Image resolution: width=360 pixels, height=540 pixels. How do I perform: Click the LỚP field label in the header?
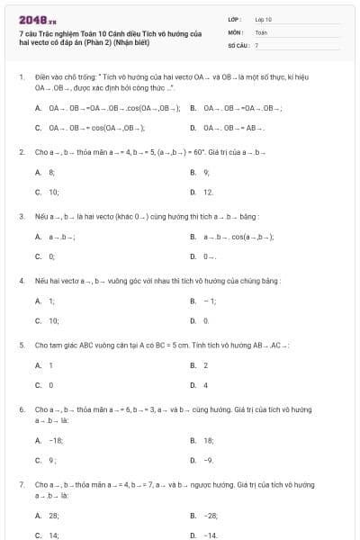(x=235, y=18)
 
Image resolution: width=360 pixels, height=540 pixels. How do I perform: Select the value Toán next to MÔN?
(x=261, y=31)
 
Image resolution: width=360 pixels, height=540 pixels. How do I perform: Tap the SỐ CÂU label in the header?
(x=238, y=44)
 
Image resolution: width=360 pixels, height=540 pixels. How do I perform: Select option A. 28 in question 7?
(x=48, y=516)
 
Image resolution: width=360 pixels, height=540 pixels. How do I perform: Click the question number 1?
(x=22, y=77)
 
